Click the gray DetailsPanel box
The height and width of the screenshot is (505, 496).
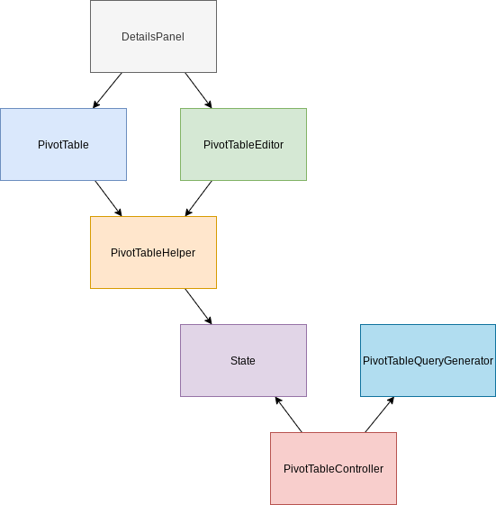coord(153,36)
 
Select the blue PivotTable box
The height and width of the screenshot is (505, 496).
coord(63,145)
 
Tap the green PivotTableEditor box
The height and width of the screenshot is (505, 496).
coord(243,145)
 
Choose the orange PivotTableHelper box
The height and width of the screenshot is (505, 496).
coord(153,252)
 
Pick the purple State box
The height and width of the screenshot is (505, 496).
coord(243,360)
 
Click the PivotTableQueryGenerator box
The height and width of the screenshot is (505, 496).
coord(428,360)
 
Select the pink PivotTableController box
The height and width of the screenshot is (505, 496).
coord(333,469)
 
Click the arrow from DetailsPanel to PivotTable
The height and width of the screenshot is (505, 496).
coord(107,91)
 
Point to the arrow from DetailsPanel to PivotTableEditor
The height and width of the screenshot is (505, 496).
coord(198,91)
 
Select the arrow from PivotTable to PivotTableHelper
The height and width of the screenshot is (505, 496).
coord(109,198)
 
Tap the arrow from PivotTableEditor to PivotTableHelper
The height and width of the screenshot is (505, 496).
coord(198,198)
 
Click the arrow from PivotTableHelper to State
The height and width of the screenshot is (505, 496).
coord(198,307)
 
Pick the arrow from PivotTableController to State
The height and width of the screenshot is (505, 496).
coord(289,414)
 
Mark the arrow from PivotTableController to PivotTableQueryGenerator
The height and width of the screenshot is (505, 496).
coord(380,414)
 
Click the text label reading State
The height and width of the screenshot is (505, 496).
coord(243,361)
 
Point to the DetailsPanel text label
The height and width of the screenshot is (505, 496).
coord(153,37)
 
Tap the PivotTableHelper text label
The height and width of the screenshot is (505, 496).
coord(153,253)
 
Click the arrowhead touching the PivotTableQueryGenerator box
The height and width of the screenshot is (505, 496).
coord(391,401)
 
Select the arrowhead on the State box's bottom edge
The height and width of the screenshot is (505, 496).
coord(278,401)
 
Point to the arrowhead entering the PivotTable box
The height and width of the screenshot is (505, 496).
coord(96,104)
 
